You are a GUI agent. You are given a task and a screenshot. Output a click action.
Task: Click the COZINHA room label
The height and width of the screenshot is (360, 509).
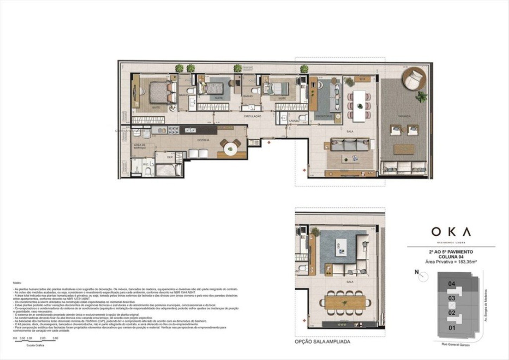(x=203, y=140)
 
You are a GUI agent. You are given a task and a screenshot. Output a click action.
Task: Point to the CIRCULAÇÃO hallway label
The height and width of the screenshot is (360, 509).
(x=252, y=116)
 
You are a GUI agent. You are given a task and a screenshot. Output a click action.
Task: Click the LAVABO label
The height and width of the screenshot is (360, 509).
(x=294, y=121)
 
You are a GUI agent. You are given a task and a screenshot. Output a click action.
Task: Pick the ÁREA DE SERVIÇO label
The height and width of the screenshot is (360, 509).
(x=140, y=146)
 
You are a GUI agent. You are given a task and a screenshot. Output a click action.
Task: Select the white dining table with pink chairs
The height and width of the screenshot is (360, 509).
(x=359, y=105)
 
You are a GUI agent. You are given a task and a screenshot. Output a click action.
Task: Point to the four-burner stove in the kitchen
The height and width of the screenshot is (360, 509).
(x=173, y=131)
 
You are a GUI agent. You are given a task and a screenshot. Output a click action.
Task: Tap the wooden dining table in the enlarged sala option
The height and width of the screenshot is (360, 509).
(x=345, y=302)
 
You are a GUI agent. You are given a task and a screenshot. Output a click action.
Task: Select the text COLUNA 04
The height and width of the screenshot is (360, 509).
(x=451, y=257)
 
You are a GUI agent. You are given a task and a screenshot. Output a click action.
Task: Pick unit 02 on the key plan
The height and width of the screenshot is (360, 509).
(x=452, y=313)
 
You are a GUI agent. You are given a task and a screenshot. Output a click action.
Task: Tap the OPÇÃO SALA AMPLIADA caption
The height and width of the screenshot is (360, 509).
(x=322, y=342)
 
